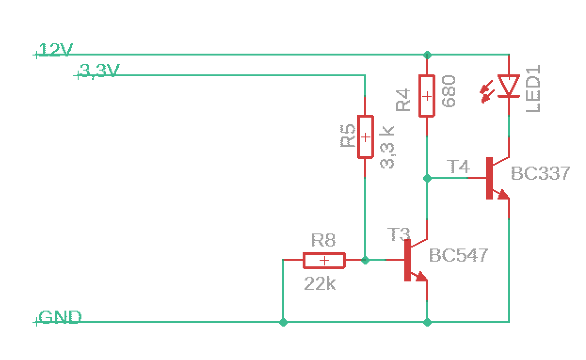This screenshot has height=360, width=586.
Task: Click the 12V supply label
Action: point(56,50)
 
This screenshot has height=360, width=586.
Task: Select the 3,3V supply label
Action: point(99,71)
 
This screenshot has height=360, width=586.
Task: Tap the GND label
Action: point(60,317)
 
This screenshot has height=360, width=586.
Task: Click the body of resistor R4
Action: point(427,96)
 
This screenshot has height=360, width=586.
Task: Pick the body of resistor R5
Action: point(365,137)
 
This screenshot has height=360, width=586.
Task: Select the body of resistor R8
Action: point(324,261)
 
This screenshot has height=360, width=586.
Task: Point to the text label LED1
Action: point(533,88)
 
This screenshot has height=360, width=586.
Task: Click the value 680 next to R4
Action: point(449,91)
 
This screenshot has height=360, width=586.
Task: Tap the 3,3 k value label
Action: point(387,147)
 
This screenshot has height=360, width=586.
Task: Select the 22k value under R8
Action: point(320,283)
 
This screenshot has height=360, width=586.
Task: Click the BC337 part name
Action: point(540,173)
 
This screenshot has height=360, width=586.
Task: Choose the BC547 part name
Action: point(458,256)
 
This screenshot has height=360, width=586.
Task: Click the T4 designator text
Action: point(458,167)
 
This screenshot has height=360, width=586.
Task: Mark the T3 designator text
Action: point(399,234)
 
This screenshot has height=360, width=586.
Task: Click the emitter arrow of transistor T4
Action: point(503,195)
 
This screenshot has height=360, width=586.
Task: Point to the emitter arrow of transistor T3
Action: point(421,277)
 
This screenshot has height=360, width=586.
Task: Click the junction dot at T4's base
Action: point(427,178)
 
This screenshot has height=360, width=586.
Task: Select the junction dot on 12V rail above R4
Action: point(427,55)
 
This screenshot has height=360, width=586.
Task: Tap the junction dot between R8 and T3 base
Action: point(365,260)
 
